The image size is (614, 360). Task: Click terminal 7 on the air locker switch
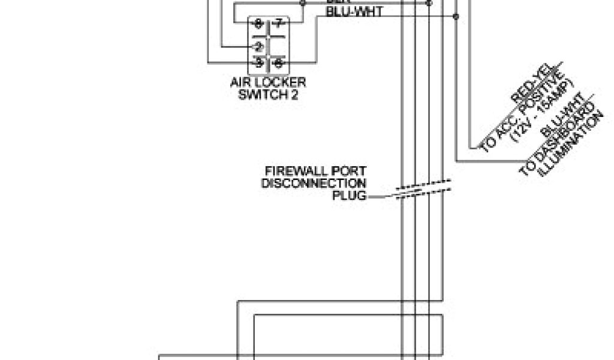point(277,25)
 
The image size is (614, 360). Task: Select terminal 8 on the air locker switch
point(258,25)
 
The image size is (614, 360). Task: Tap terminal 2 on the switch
point(258,46)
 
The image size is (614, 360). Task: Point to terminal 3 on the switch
point(259,62)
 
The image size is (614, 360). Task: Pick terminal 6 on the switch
point(278,62)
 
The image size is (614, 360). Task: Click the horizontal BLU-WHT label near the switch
point(354,11)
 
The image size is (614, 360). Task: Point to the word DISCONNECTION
point(314,183)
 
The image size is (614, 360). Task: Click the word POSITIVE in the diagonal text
point(543,99)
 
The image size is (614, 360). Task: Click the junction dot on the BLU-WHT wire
point(456,16)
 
